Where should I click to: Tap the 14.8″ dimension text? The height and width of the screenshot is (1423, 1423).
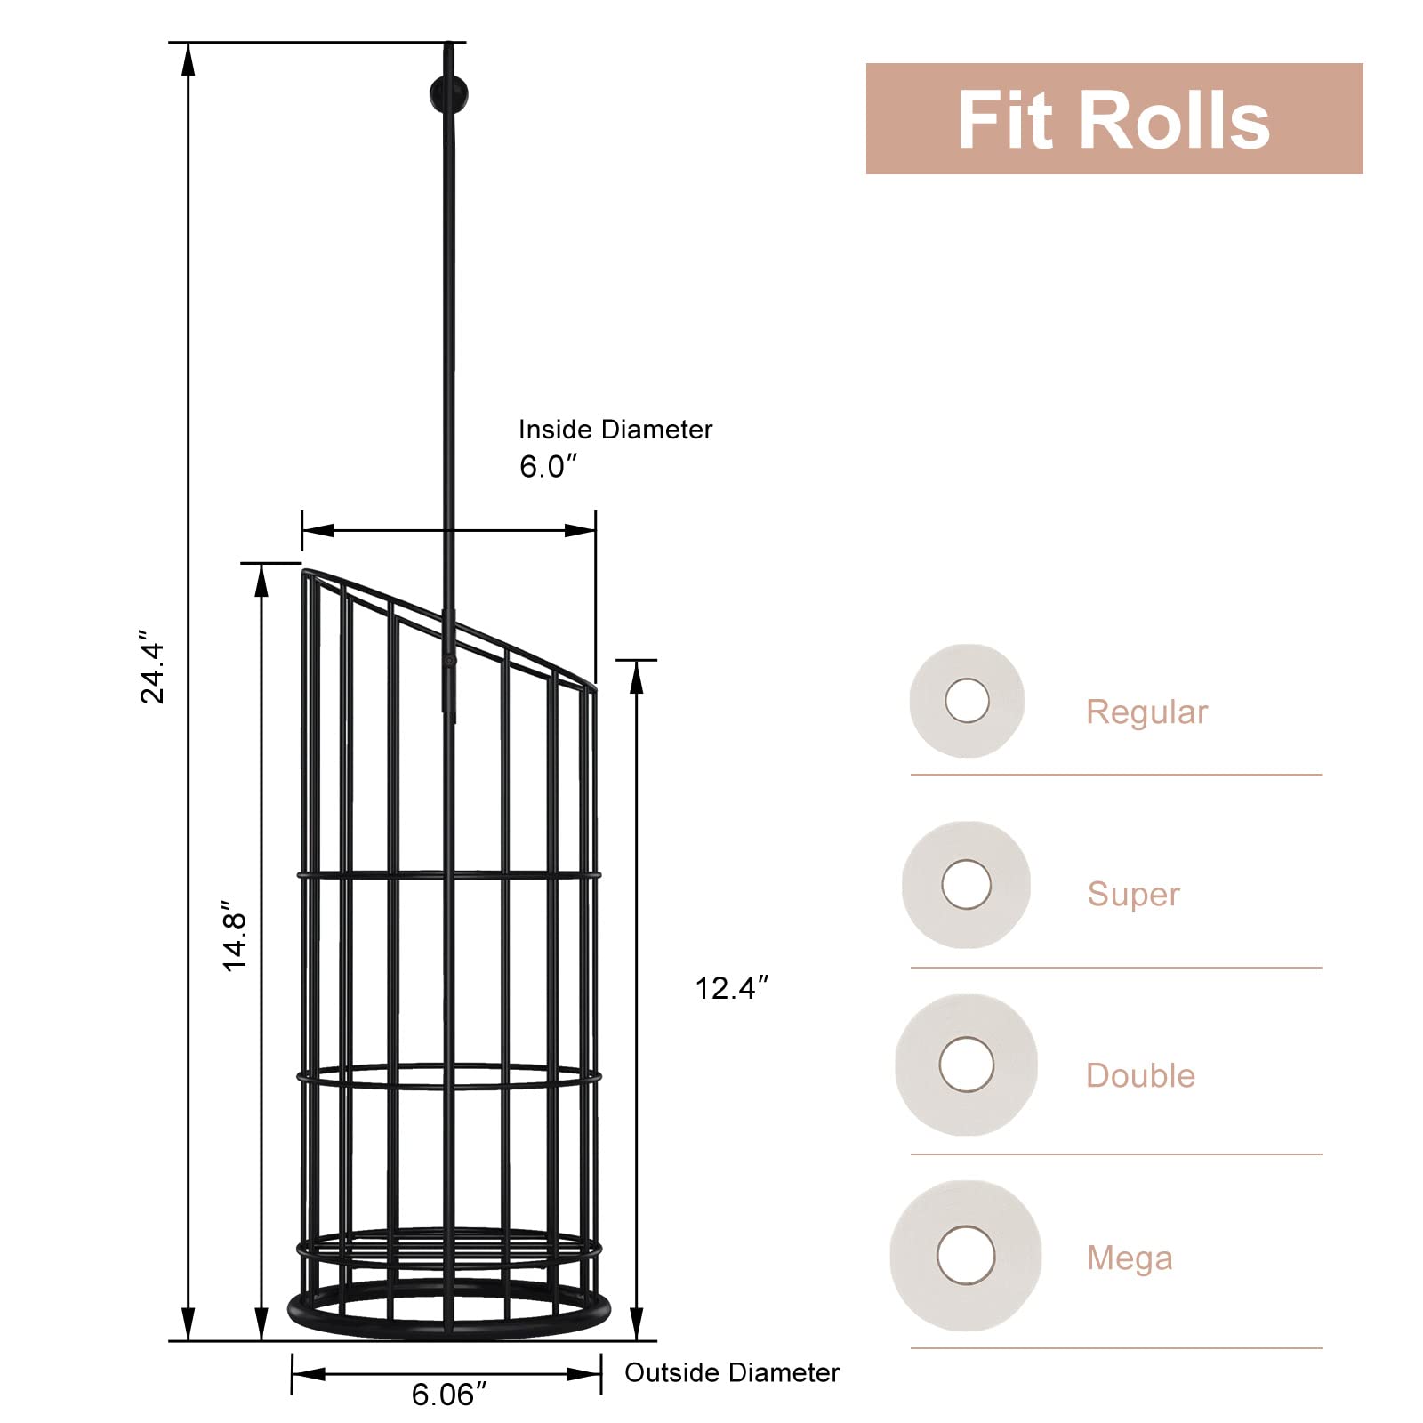tap(235, 940)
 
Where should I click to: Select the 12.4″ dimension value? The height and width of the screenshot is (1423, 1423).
tap(731, 988)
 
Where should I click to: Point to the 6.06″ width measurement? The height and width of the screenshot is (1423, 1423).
tap(449, 1394)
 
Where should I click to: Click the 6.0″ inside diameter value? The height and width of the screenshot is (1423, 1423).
tap(548, 466)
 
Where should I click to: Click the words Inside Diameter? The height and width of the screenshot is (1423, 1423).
tap(615, 430)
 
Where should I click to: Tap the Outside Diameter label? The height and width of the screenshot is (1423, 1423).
tap(731, 1372)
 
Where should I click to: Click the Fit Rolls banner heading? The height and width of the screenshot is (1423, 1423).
tap(1113, 120)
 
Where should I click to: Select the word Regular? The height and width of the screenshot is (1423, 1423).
tap(1146, 712)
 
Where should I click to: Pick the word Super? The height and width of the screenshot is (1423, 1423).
tap(1133, 894)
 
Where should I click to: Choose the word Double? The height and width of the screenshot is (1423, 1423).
tap(1140, 1075)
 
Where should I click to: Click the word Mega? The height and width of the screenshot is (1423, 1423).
tap(1130, 1258)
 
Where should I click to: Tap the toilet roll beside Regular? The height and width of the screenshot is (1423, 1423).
tap(967, 701)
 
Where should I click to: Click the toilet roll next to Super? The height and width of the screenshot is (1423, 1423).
tap(967, 885)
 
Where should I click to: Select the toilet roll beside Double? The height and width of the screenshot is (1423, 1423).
tap(967, 1065)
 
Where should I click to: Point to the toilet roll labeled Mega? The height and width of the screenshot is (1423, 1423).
tap(966, 1255)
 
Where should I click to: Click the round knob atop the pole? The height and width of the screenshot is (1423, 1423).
tap(447, 94)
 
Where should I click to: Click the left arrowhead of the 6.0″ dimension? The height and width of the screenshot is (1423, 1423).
tap(317, 531)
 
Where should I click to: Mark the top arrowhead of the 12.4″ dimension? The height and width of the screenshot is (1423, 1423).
tap(636, 678)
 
